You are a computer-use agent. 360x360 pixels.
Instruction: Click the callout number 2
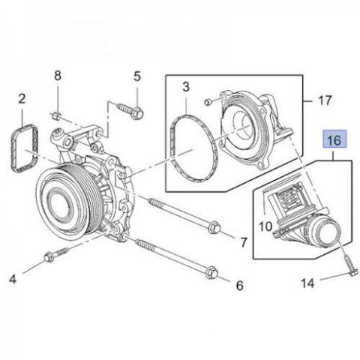pos(22,99)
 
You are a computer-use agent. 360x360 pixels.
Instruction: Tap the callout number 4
pos(13,280)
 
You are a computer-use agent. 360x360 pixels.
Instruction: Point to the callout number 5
pos(136,76)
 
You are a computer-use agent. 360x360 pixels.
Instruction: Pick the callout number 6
pos(240,286)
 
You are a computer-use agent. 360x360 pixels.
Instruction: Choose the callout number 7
pos(242,242)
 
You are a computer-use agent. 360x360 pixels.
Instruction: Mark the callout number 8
pos(58,76)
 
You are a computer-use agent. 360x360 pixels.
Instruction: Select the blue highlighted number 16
pos(334,139)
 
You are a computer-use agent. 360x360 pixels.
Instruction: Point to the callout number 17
pos(325,98)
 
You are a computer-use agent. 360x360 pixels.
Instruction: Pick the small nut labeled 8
pos(56,115)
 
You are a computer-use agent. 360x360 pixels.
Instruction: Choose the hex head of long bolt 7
pos(212,227)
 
